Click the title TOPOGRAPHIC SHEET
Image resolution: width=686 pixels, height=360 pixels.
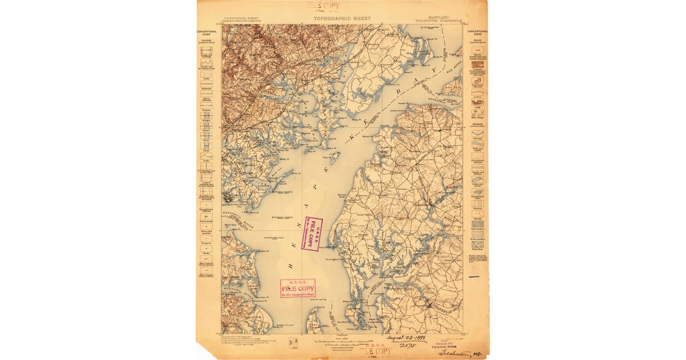tap(342, 18)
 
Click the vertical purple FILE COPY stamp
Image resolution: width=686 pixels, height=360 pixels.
tap(312, 234)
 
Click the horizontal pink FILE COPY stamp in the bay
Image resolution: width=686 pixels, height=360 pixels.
tap(297, 289)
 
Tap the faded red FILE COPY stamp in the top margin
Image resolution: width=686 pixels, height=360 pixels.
tap(324, 6)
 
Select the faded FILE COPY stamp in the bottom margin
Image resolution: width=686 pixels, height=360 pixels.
tap(376, 350)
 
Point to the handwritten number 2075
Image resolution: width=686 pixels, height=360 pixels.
tap(407, 346)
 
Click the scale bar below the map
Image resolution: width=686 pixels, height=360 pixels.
tap(342, 341)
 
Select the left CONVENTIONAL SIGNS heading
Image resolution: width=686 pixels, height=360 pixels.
tap(206, 33)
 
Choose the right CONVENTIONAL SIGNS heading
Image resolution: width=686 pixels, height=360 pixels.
tap(477, 33)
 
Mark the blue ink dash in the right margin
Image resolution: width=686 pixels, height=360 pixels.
tap(474, 277)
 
